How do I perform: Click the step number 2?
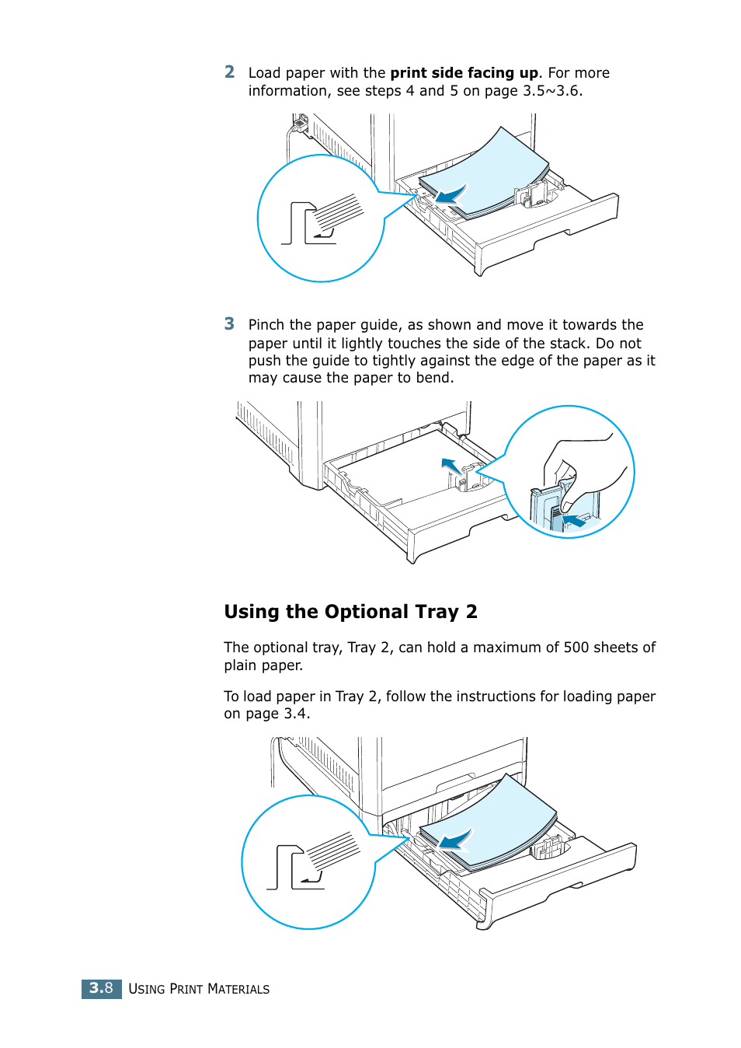pos(229,72)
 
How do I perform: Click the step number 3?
pos(229,324)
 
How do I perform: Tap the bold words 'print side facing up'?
pos(464,73)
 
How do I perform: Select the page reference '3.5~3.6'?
pos(551,91)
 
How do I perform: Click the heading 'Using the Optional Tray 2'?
pos(350,612)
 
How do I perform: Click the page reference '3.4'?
pos(294,714)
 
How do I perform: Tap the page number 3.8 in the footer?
pos(101,988)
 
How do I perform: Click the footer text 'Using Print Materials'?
pos(199,989)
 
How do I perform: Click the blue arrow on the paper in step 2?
pos(450,194)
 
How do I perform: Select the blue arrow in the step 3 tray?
pos(450,466)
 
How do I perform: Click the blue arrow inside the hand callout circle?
pos(573,520)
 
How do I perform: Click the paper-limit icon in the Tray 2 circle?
pos(311,863)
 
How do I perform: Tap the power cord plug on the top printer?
pos(299,123)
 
